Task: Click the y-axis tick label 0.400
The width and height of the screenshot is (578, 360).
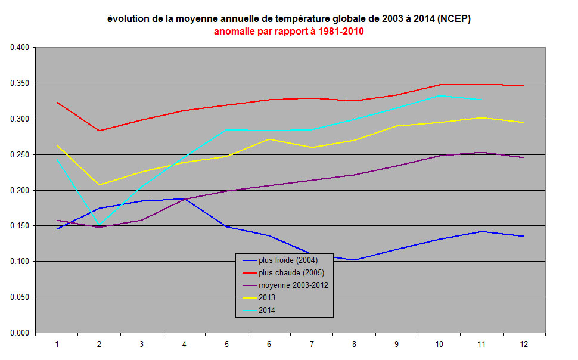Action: tap(19, 48)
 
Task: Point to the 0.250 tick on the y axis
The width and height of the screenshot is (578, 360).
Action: tap(19, 154)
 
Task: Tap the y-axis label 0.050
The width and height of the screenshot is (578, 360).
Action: tap(19, 297)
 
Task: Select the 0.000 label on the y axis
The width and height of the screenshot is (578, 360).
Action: tap(19, 333)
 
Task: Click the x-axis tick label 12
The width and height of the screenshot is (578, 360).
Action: tap(524, 344)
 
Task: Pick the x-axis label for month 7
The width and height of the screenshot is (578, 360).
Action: tap(312, 344)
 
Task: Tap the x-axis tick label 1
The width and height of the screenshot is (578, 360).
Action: tap(57, 344)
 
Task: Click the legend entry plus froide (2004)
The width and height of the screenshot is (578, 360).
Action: tap(288, 260)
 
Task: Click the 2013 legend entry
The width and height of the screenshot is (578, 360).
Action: tap(267, 297)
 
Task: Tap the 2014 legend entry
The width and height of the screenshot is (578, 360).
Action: tap(267, 310)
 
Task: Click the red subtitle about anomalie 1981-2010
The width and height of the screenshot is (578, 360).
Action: tap(289, 32)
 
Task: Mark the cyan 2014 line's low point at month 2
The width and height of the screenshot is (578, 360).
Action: tap(99, 225)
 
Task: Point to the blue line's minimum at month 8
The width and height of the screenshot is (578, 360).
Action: tap(354, 260)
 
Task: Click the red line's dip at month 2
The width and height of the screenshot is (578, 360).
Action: tap(99, 131)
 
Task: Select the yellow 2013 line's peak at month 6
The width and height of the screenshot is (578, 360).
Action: tap(269, 139)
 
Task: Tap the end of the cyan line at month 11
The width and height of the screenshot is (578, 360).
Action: tap(481, 99)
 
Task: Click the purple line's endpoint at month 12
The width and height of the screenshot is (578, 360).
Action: tap(524, 157)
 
